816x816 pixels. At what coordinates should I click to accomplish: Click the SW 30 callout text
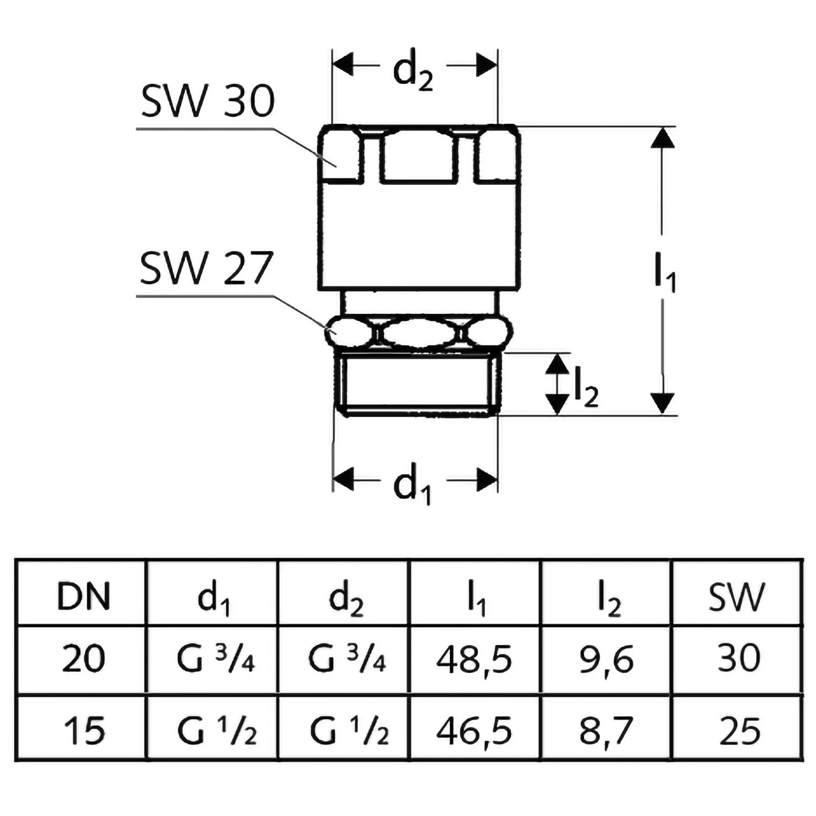click(x=207, y=102)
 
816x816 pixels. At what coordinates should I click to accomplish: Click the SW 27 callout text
click(x=206, y=269)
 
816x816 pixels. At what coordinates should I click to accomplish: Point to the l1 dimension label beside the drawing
click(x=664, y=275)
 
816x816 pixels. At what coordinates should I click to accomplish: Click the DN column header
click(x=83, y=596)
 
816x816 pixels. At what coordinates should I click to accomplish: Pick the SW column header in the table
click(x=737, y=596)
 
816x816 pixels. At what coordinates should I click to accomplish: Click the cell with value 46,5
click(x=474, y=731)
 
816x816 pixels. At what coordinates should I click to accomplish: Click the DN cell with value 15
click(x=83, y=731)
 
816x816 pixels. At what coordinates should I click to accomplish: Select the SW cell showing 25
click(x=739, y=731)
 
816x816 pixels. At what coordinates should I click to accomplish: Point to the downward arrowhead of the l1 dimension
click(x=662, y=403)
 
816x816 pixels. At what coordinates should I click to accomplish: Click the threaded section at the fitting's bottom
click(x=416, y=384)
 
